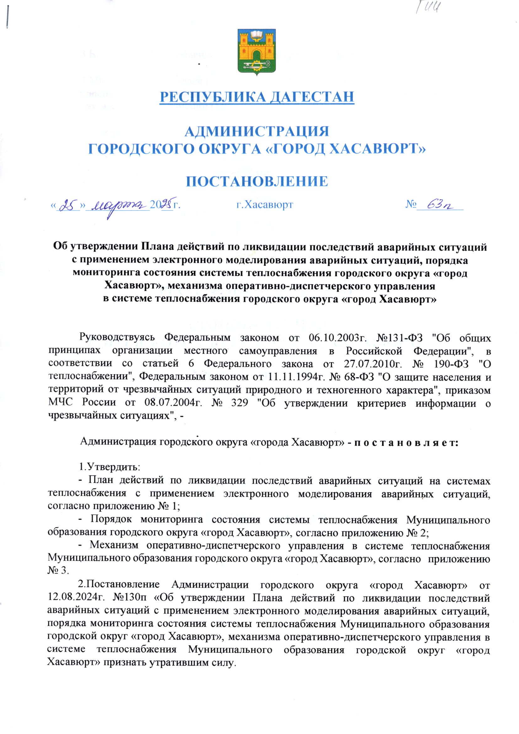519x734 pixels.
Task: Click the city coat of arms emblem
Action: (x=257, y=51)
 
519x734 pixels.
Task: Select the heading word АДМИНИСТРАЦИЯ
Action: (x=257, y=132)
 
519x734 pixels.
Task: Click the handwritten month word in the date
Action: (x=120, y=205)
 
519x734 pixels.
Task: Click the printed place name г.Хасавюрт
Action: (x=265, y=204)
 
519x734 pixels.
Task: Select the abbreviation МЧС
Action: (x=60, y=402)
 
